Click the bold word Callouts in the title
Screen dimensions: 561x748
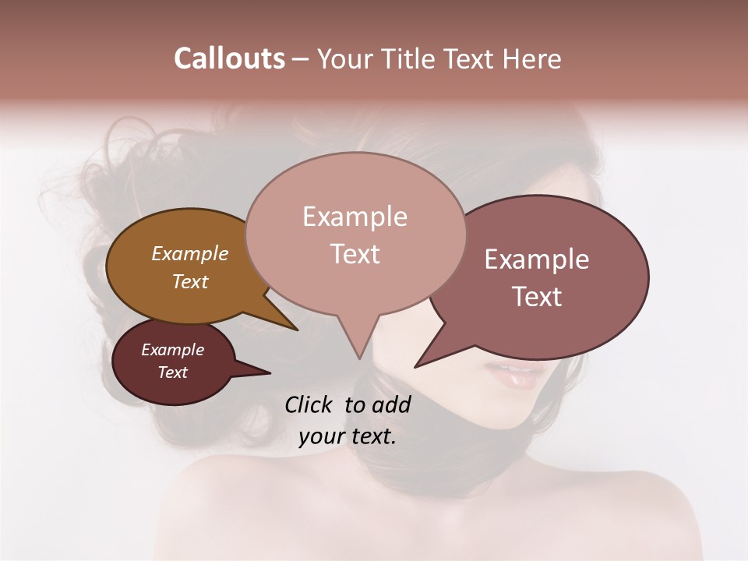[x=229, y=58]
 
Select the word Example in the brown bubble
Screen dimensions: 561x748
[x=189, y=253]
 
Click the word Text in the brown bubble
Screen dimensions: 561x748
[x=189, y=281]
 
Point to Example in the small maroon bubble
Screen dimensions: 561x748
[x=172, y=350]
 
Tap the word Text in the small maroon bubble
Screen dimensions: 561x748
[x=172, y=372]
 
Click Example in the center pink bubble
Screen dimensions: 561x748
[x=355, y=217]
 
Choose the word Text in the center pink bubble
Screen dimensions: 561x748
[x=355, y=254]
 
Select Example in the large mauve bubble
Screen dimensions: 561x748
[x=537, y=259]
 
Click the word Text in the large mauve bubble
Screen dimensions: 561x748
[x=537, y=297]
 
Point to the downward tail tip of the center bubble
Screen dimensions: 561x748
[x=359, y=358]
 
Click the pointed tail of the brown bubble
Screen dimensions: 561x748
[x=296, y=329]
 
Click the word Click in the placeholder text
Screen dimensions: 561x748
[x=309, y=404]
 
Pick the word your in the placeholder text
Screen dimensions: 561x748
[x=320, y=436]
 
